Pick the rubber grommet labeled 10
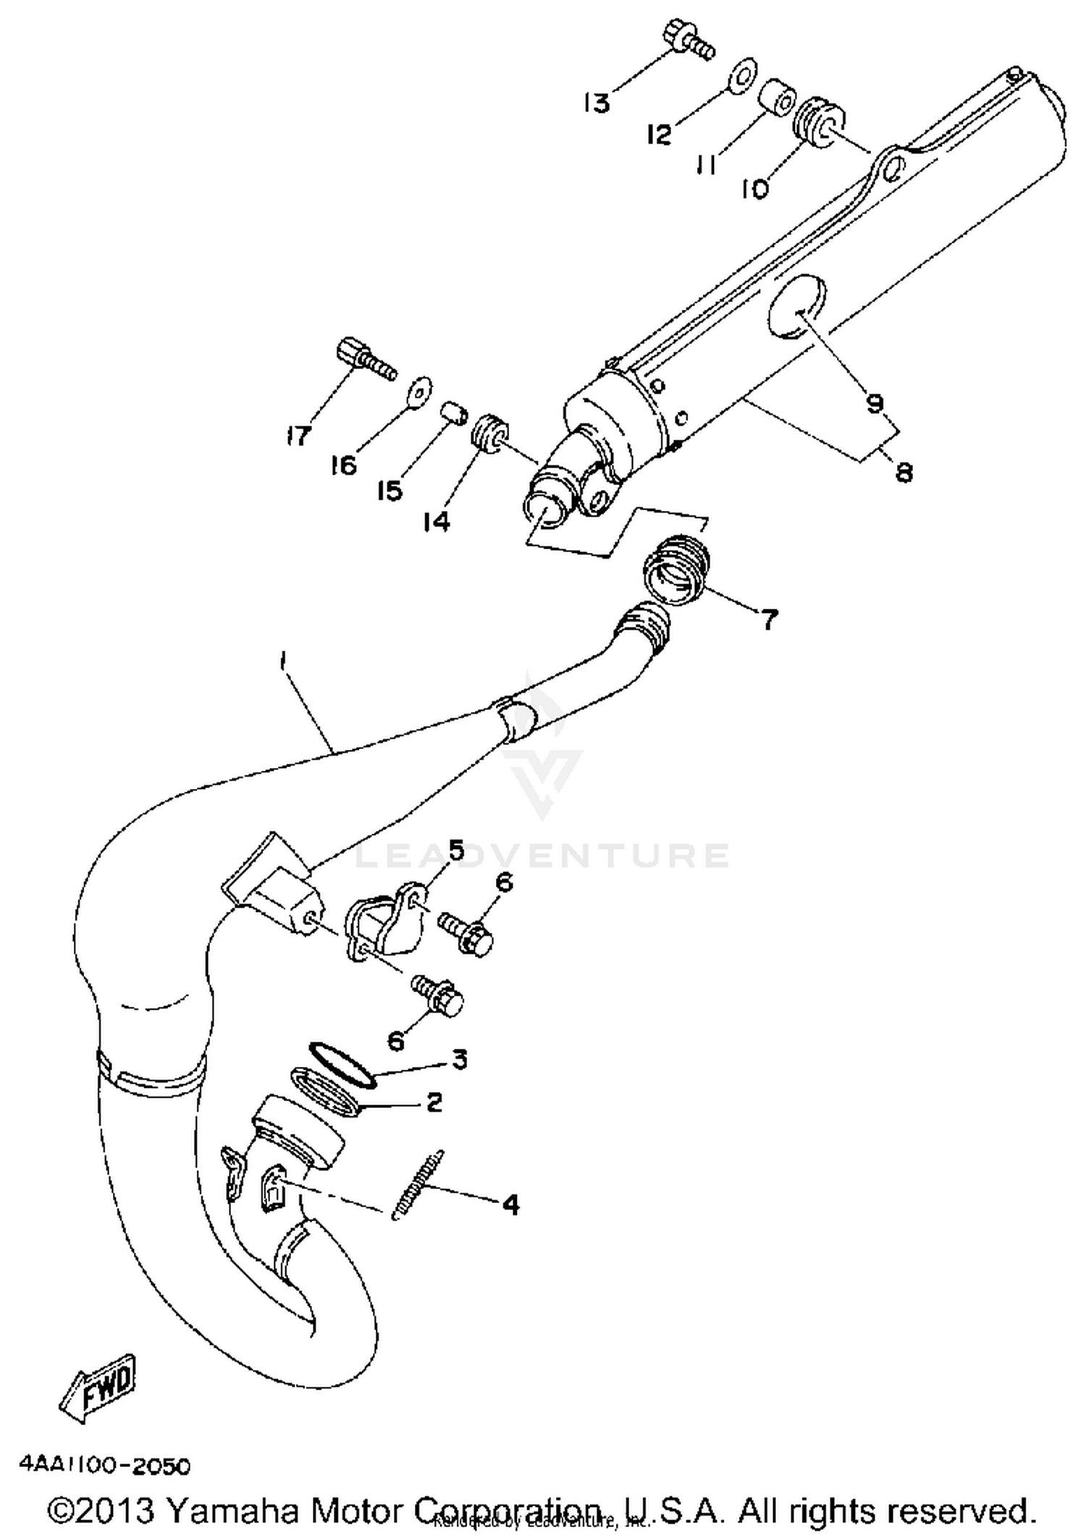coord(821,119)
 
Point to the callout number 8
coord(904,473)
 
